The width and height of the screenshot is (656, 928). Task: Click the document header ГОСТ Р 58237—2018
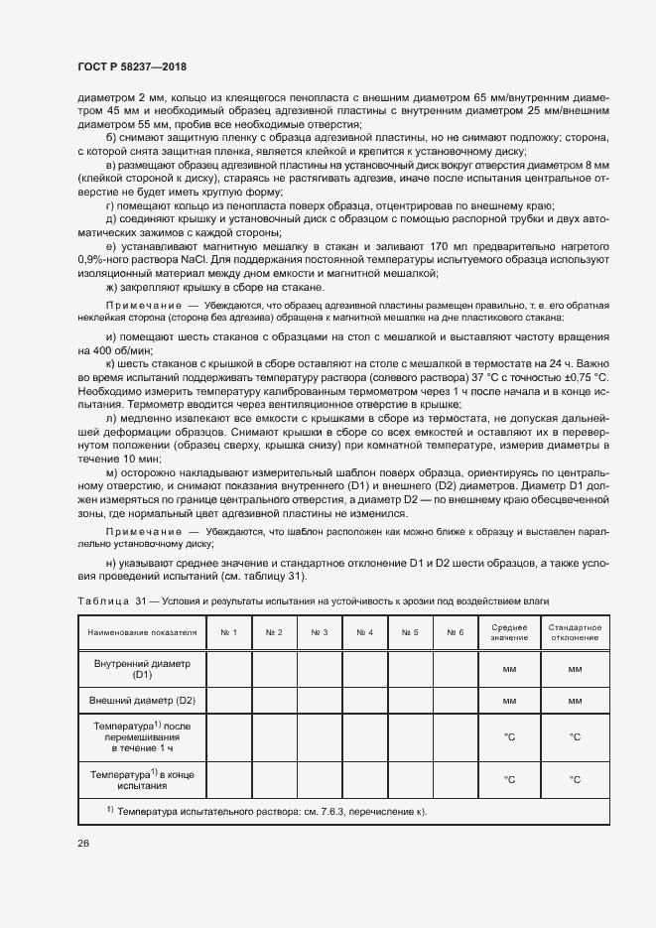[x=131, y=66]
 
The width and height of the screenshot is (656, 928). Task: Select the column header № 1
[x=229, y=632]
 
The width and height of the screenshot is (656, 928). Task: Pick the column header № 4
[x=364, y=632]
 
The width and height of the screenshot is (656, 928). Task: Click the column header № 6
[x=455, y=632]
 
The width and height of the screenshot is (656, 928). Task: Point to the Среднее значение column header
[x=508, y=632]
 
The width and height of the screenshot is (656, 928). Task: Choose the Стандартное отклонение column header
[x=574, y=632]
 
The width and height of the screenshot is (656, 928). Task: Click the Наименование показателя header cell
[x=142, y=632]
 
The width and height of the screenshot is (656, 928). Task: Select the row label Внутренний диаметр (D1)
[x=142, y=668]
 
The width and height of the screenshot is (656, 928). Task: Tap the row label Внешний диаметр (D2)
[x=142, y=701]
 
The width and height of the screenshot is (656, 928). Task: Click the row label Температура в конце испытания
[x=142, y=778]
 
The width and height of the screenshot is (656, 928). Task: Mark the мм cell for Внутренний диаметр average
[x=508, y=669]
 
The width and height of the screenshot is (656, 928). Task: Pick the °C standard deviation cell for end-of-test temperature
[x=574, y=779]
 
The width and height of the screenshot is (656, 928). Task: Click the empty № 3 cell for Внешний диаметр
[x=320, y=701]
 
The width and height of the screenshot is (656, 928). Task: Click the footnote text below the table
[x=266, y=812]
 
